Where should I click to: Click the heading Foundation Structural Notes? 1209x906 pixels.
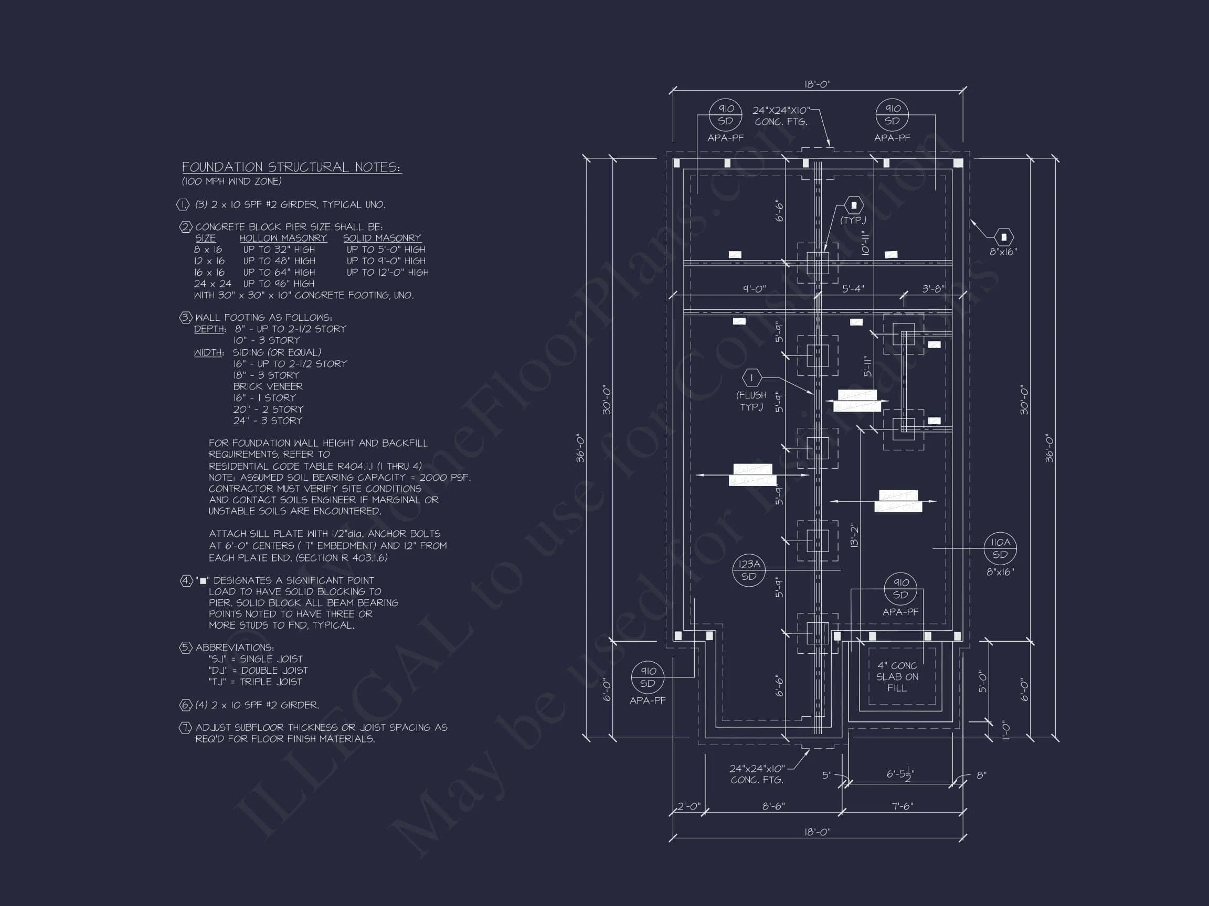291,167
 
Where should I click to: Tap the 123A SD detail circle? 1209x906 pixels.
748,570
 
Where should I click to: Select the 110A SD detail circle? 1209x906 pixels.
1000,548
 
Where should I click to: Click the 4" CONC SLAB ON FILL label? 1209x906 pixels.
897,677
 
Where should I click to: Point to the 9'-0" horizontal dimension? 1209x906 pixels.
754,289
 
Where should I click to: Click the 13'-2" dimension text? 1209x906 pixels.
855,535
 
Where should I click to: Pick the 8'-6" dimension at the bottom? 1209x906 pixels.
773,806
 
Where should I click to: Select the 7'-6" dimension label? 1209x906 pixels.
902,806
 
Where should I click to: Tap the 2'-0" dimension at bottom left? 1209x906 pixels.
688,806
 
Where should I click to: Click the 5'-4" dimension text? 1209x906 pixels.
853,289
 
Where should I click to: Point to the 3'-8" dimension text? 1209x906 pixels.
933,289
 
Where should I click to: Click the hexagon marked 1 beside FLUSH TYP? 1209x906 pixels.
752,377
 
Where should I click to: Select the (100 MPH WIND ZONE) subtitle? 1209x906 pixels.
232,181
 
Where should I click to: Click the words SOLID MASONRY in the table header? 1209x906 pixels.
382,238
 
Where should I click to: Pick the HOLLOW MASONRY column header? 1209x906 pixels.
283,238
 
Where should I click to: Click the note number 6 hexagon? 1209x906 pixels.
186,705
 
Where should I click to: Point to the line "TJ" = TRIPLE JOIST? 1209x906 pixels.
255,682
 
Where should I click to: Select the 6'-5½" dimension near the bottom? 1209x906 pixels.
899,774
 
